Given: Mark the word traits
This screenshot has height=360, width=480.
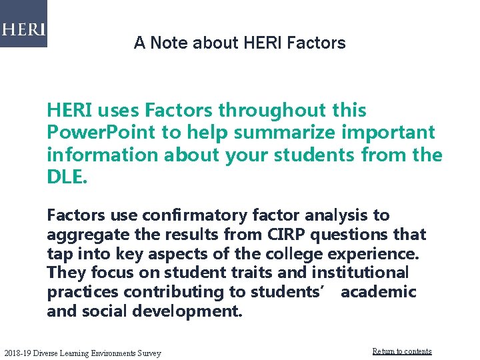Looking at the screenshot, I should point(251,273).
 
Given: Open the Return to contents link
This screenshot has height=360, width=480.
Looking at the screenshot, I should point(401,351).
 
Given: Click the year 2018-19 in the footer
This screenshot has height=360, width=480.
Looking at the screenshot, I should point(17,353).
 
